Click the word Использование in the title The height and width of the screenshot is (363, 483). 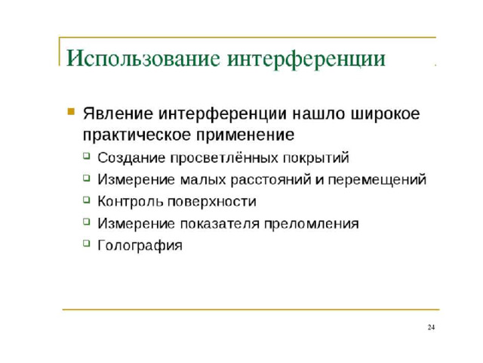pyautogui.click(x=143, y=58)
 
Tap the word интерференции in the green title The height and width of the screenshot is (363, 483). pyautogui.click(x=306, y=59)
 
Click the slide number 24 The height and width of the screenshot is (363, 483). pyautogui.click(x=431, y=327)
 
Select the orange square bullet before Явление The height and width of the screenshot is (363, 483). pyautogui.click(x=71, y=111)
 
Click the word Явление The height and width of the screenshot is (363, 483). pyautogui.click(x=118, y=113)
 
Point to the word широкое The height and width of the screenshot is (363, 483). pyautogui.click(x=386, y=114)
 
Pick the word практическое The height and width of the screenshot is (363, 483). pyautogui.click(x=137, y=135)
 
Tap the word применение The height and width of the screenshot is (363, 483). pyautogui.click(x=245, y=135)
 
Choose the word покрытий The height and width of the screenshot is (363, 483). pyautogui.click(x=316, y=158)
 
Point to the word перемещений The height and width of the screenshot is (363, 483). pyautogui.click(x=377, y=180)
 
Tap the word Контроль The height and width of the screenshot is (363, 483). pyautogui.click(x=131, y=202)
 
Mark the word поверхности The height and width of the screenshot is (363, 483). pyautogui.click(x=212, y=202)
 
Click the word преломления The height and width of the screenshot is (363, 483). pyautogui.click(x=312, y=224)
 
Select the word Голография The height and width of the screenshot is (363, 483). pyautogui.click(x=140, y=246)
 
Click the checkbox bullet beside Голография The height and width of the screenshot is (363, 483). pyautogui.click(x=87, y=244)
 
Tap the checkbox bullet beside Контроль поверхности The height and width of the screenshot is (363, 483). pyautogui.click(x=87, y=200)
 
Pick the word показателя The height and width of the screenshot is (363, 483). pyautogui.click(x=220, y=224)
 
